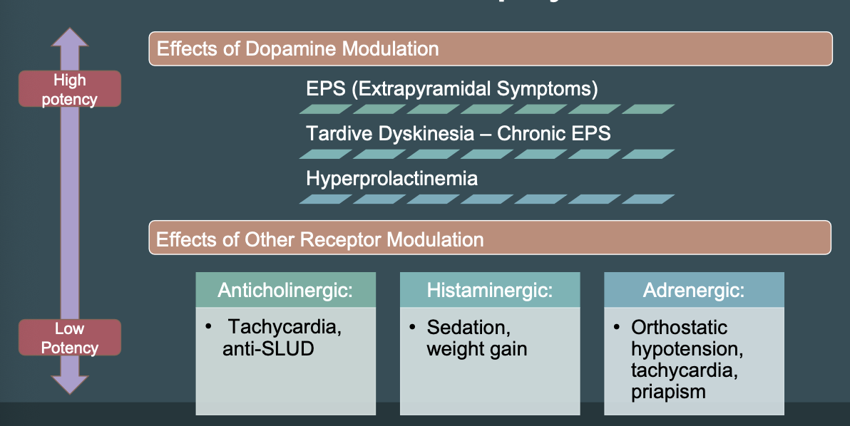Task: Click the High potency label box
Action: click(69, 89)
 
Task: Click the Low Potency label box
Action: click(69, 338)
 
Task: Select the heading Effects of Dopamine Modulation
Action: click(297, 49)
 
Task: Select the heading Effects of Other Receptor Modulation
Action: click(319, 239)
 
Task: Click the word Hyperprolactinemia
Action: click(391, 178)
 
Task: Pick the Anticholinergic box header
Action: click(285, 290)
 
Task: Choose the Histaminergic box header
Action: click(489, 290)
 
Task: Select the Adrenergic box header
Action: click(693, 290)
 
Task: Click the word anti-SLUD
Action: click(268, 349)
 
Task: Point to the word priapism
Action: click(668, 392)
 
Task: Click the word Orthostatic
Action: click(679, 328)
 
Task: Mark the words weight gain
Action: click(476, 349)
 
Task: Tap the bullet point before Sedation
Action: click(412, 328)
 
